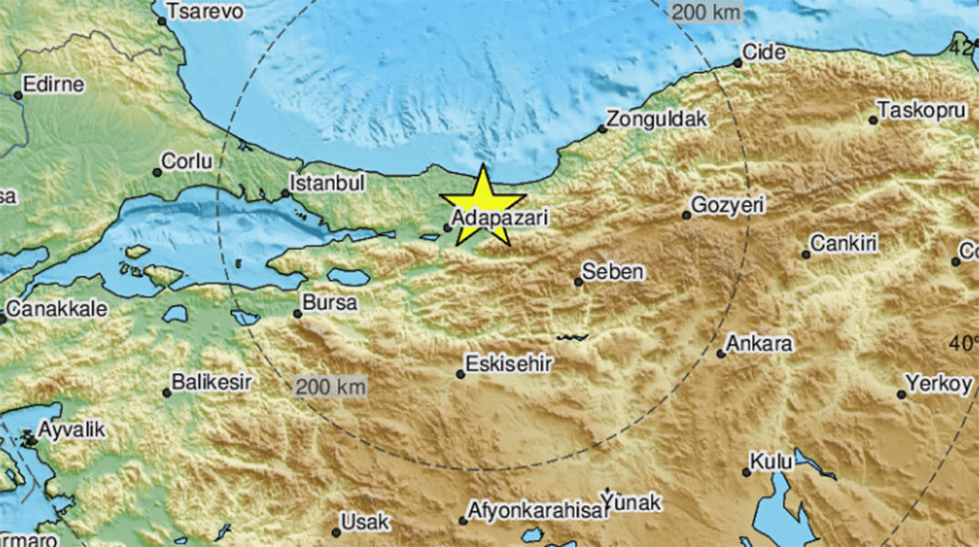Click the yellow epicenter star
[x=482, y=206]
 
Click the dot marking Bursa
[x=297, y=314]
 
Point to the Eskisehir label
[x=510, y=365]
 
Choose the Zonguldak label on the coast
[x=657, y=119]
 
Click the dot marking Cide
[x=738, y=63]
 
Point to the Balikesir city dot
[x=167, y=393]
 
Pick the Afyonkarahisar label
[x=538, y=511]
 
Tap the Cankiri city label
[x=844, y=243]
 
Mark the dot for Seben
[x=578, y=282]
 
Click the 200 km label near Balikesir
[x=331, y=387]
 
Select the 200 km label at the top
[x=706, y=12]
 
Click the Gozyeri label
[x=727, y=206]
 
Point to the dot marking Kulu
[x=747, y=471]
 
